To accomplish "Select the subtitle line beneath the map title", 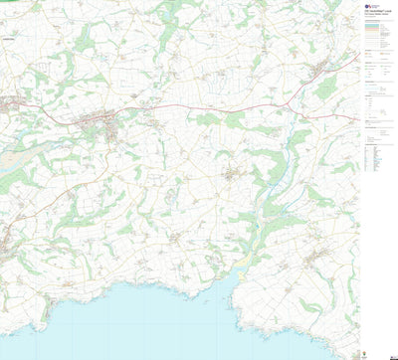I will [379, 11].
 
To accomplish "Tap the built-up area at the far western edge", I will [8, 102].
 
